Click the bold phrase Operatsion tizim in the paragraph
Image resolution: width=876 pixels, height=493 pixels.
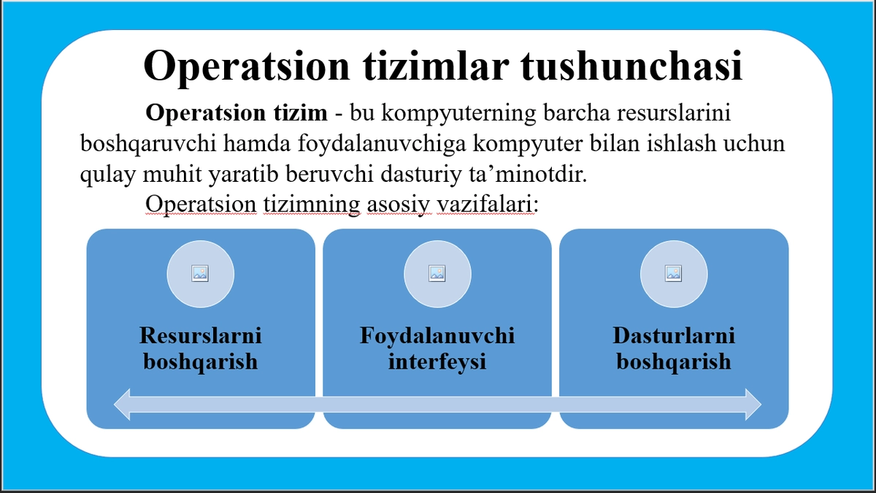pos(237,114)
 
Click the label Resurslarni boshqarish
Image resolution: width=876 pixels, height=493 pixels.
pos(201,348)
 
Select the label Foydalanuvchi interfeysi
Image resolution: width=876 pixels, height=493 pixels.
pos(437,348)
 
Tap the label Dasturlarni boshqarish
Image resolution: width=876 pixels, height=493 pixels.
pos(674,348)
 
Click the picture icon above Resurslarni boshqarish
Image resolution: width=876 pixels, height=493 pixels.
pos(201,273)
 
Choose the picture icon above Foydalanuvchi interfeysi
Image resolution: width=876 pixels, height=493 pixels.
pos(437,273)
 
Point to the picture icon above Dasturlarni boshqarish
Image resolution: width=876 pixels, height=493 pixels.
pos(674,273)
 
